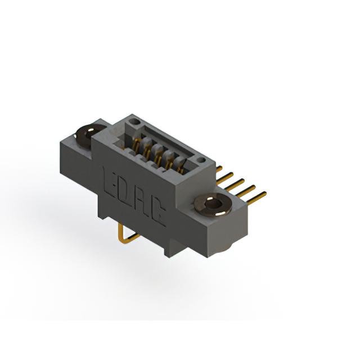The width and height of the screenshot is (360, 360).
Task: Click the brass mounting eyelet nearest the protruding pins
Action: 211,204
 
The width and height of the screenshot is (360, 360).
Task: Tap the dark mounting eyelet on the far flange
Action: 88,136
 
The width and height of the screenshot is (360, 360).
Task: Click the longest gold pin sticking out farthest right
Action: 256,198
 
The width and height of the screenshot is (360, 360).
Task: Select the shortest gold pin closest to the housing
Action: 219,169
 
